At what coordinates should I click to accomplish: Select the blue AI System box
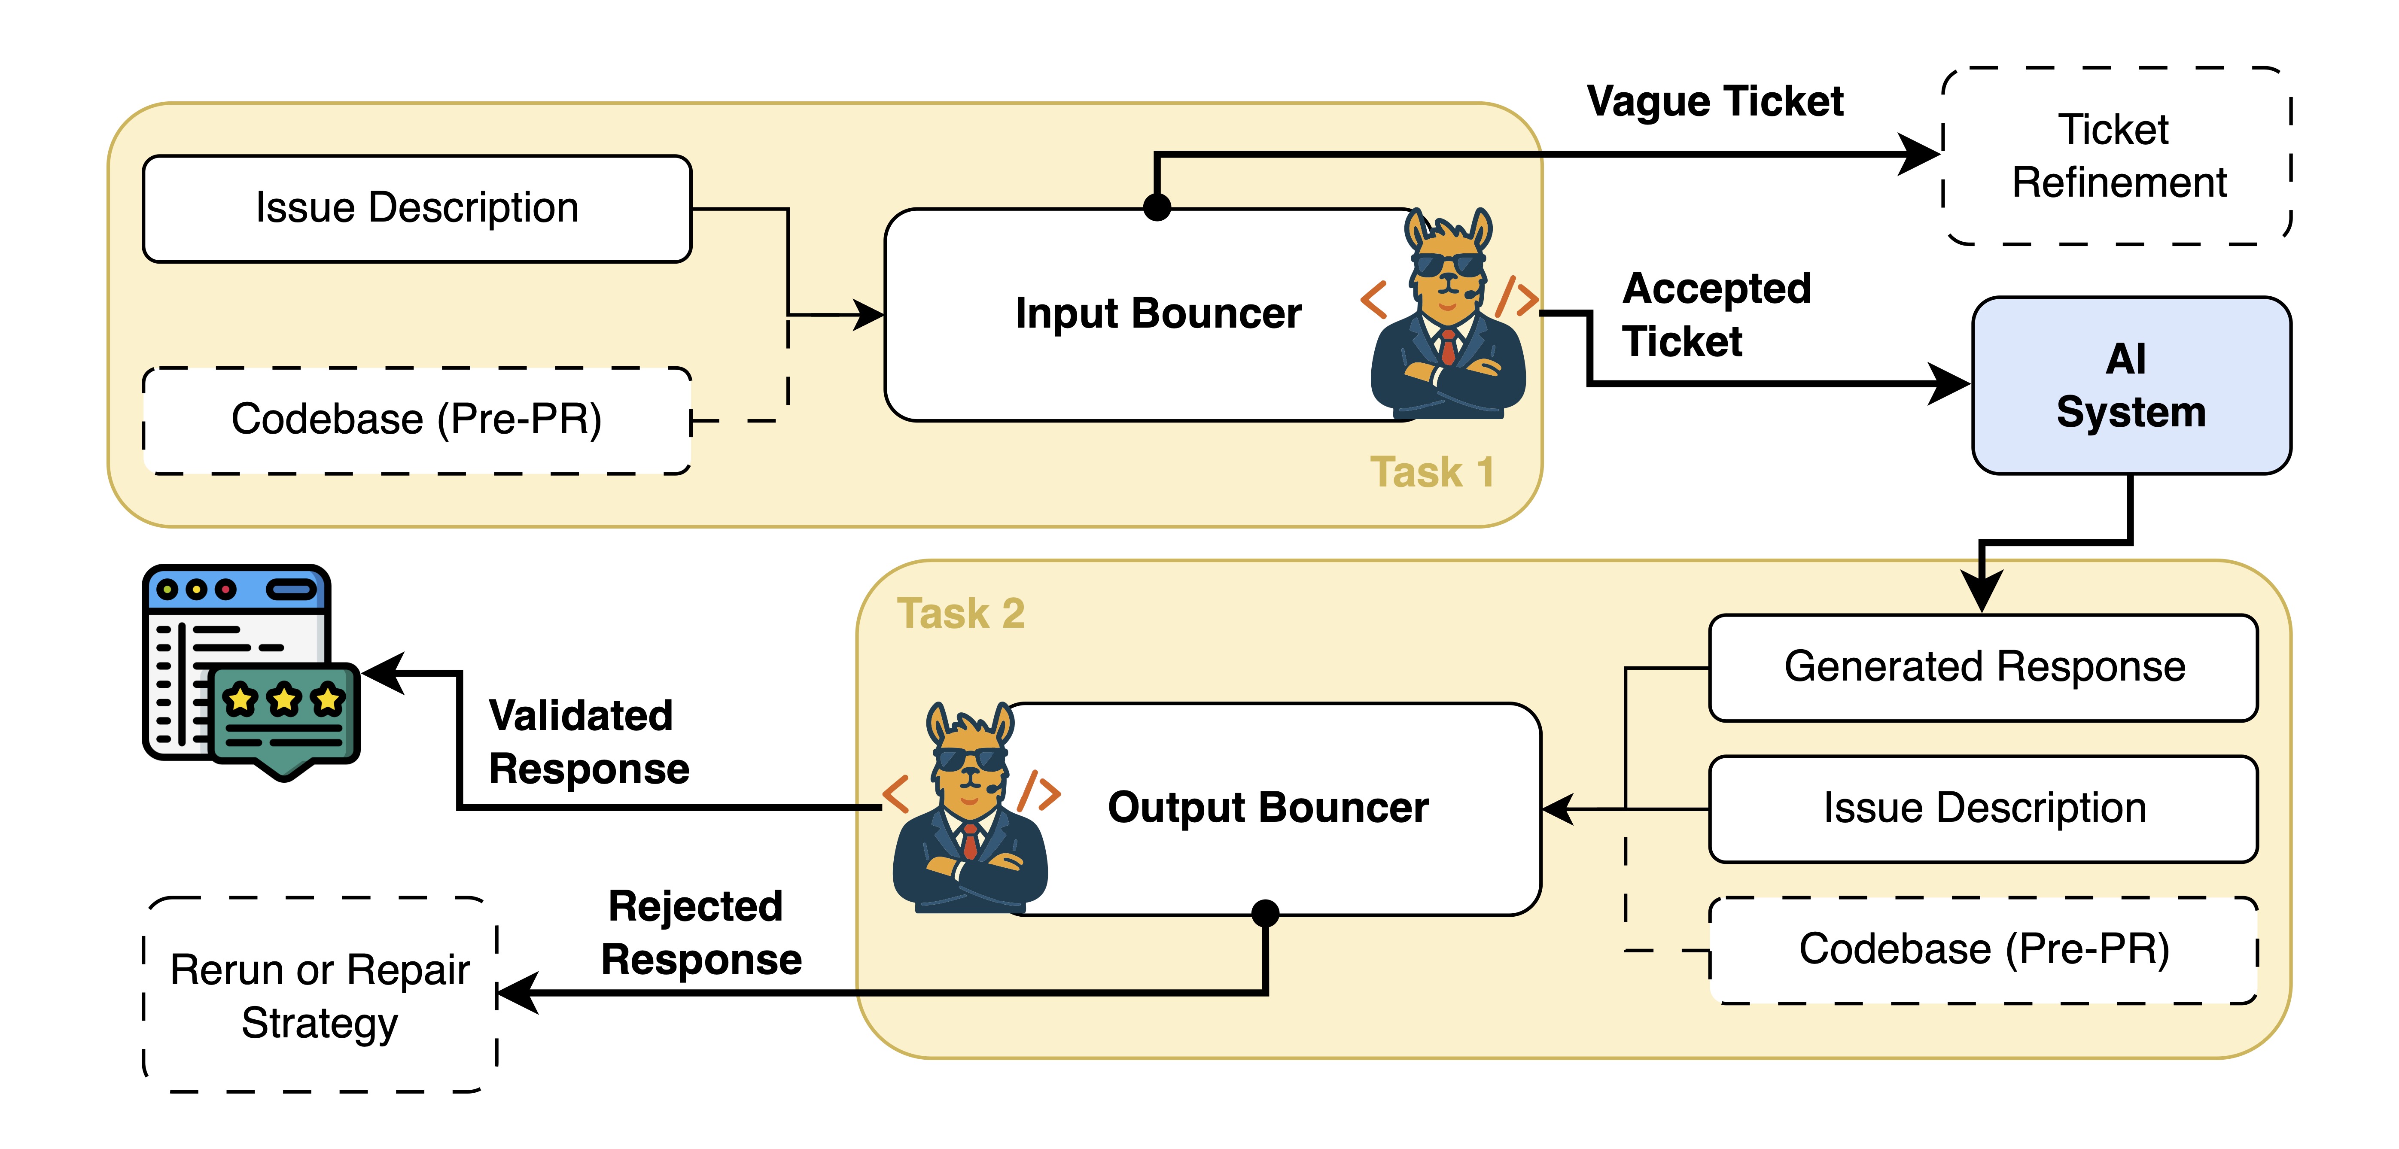coord(2131,386)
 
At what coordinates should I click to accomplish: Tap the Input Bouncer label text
coord(1157,314)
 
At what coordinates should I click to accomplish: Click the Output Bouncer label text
coord(1267,807)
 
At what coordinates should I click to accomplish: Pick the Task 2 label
coord(960,614)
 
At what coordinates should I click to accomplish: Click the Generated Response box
coord(1984,668)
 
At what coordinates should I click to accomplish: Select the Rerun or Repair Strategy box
coord(320,995)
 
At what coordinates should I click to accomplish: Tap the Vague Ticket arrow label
coord(1714,101)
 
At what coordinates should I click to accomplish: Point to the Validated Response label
coord(588,742)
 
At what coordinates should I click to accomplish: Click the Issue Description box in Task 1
coord(417,209)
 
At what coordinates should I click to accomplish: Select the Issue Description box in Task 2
coord(1984,808)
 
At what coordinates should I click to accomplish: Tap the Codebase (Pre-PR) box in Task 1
coord(417,420)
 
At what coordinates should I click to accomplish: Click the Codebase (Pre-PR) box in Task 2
coord(1984,950)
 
